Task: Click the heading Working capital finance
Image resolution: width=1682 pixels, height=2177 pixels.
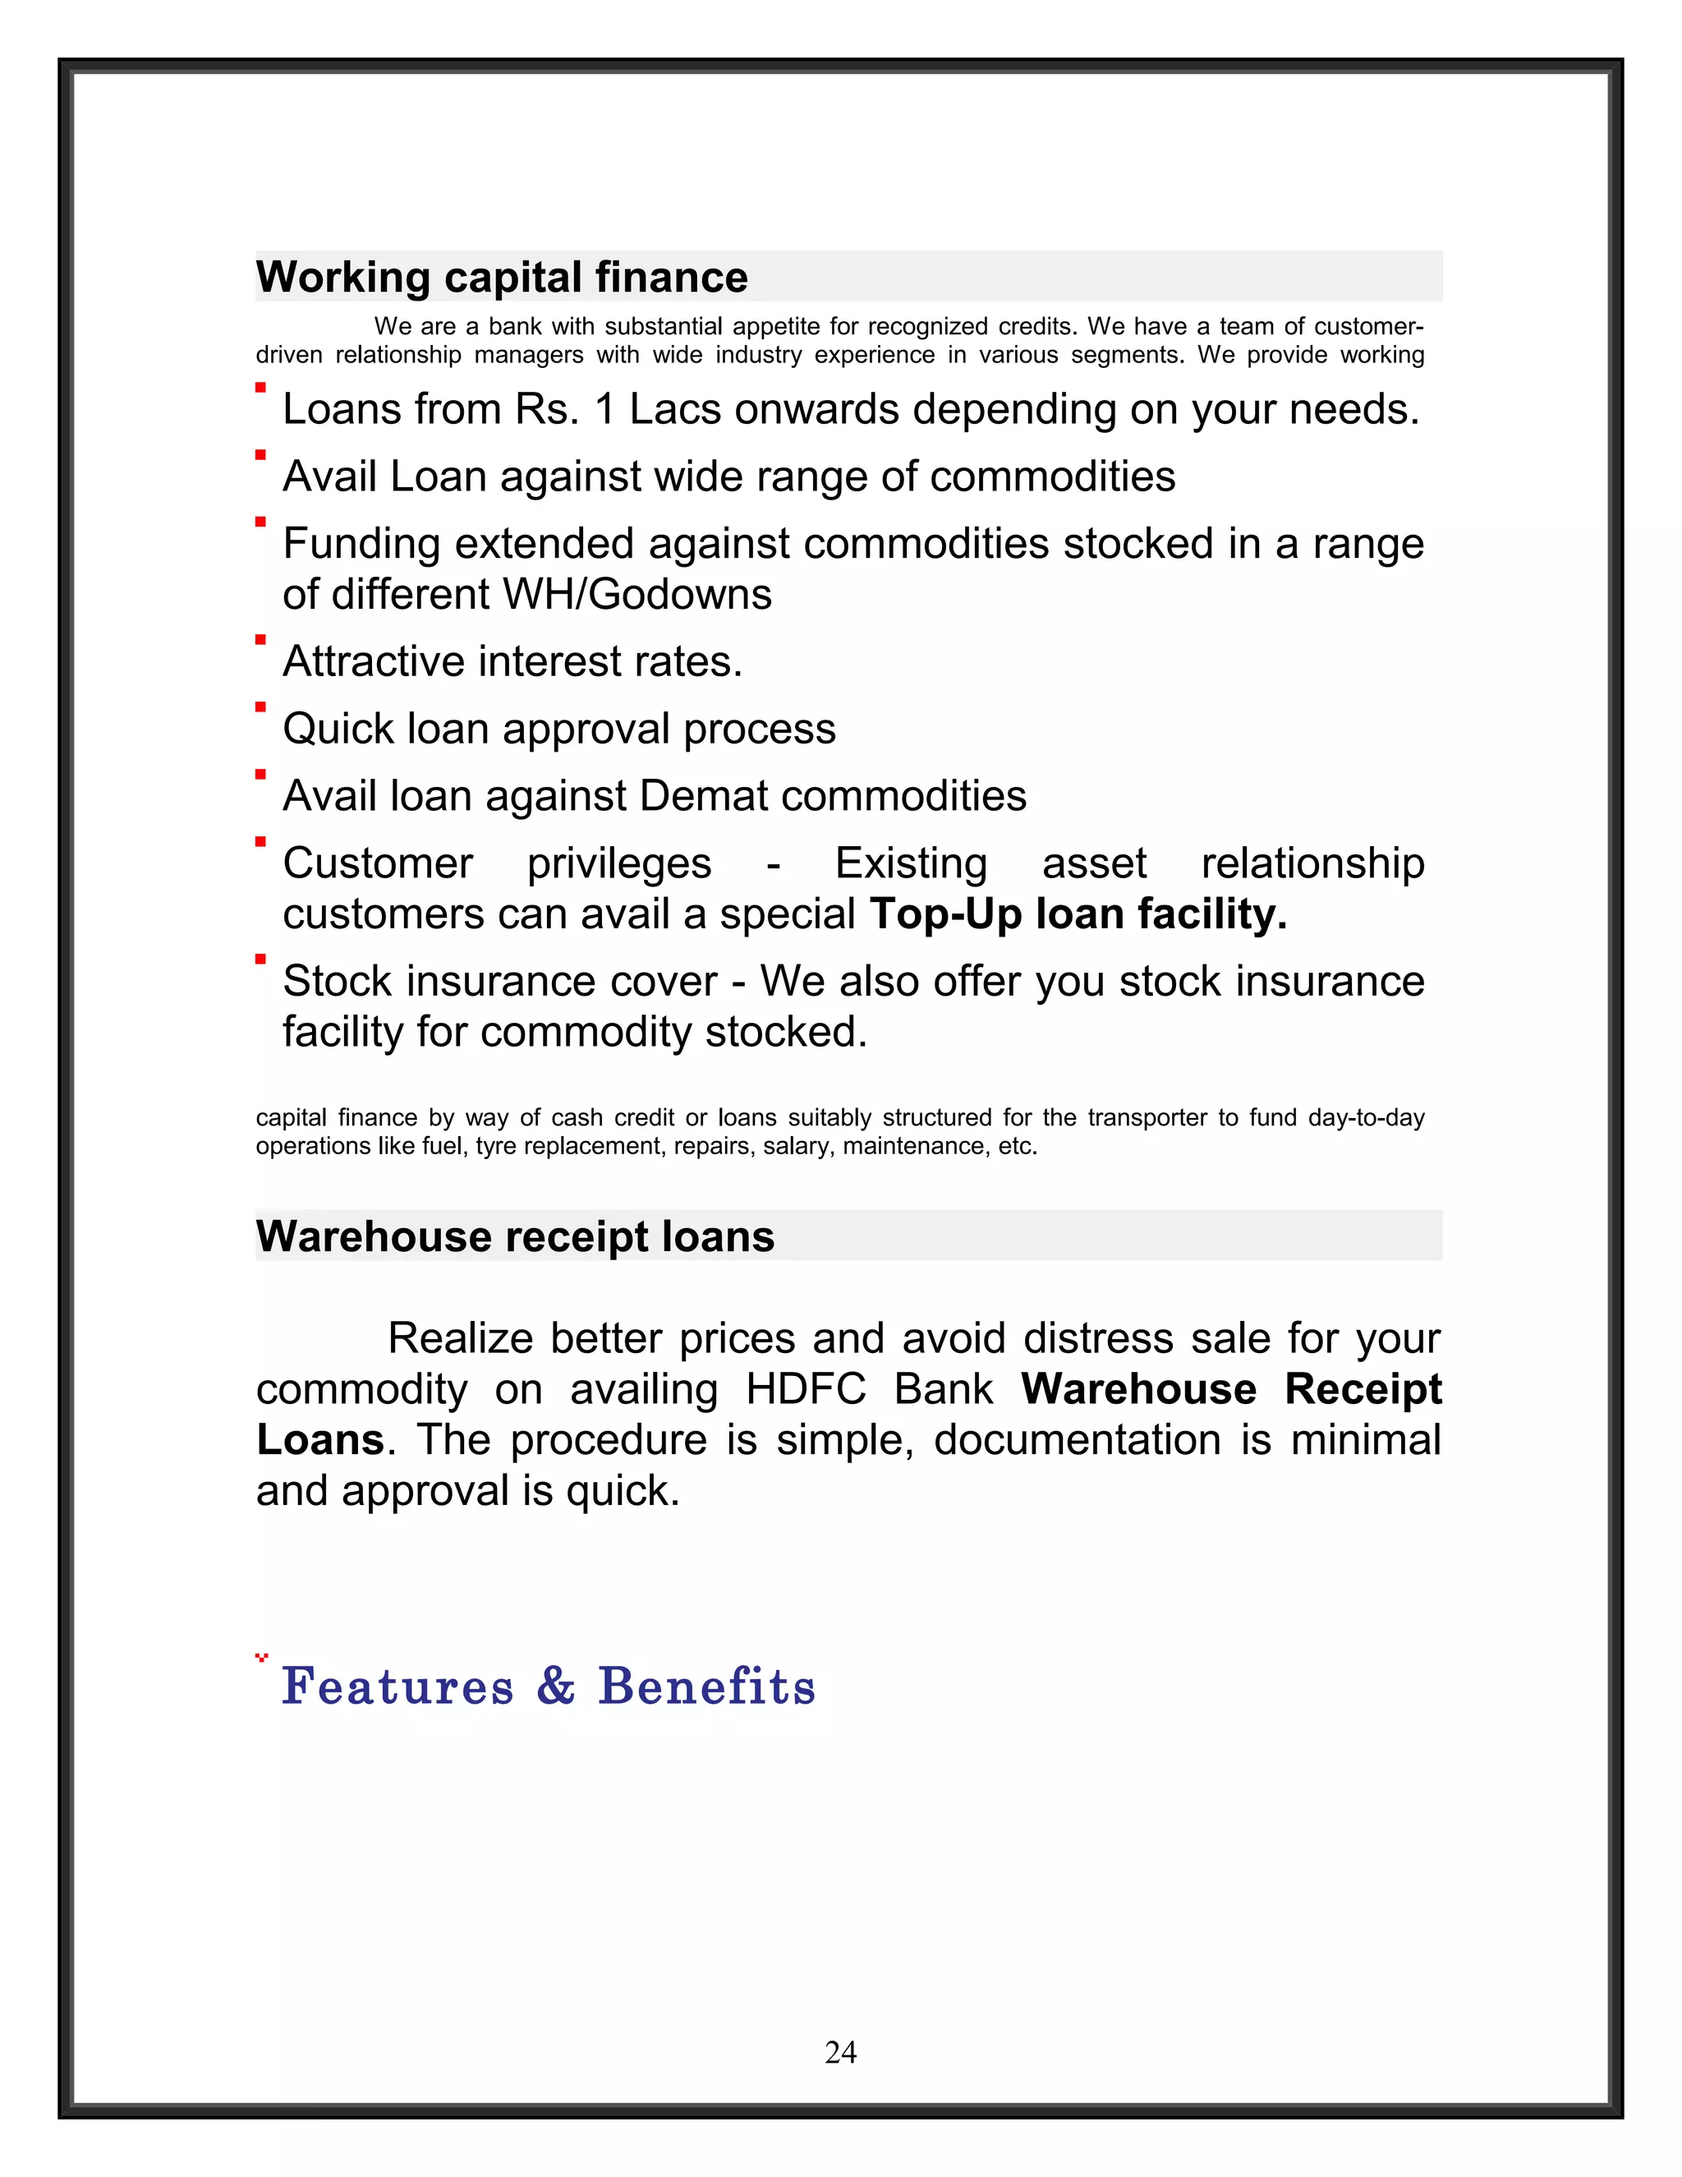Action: [501, 277]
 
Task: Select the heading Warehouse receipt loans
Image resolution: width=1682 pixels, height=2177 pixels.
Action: [514, 1236]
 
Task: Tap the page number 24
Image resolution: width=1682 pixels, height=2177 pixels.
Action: [840, 2051]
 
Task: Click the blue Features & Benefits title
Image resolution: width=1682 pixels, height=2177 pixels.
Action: [548, 1687]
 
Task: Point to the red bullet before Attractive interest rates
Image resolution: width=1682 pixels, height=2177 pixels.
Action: [261, 640]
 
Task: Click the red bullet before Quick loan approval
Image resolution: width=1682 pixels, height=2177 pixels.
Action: [261, 706]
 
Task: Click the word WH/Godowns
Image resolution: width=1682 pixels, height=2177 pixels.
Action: [636, 595]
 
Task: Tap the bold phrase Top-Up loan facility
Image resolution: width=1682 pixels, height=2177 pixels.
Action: [1078, 914]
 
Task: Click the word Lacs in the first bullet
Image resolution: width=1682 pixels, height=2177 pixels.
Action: [674, 410]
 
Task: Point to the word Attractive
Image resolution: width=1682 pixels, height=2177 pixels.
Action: [373, 662]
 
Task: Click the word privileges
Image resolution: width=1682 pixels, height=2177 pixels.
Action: [618, 864]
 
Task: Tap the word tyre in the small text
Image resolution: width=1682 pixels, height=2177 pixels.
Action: [495, 1146]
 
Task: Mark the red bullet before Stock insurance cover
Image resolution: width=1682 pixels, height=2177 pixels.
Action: [261, 959]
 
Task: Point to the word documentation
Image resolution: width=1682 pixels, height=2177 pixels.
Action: [1078, 1440]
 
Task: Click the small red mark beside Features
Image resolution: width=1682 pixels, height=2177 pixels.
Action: [262, 1658]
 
